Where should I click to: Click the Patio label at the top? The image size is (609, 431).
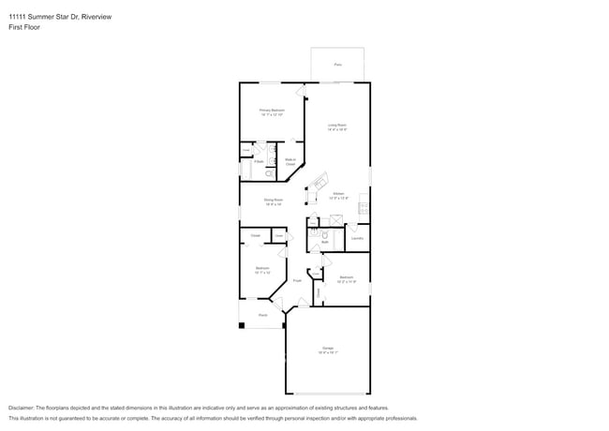pos(337,65)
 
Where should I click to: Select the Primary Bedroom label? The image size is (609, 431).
pos(272,111)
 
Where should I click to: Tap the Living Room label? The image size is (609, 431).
pos(337,126)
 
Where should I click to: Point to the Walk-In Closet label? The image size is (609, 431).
pos(290,161)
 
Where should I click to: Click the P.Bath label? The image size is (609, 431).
pos(259,161)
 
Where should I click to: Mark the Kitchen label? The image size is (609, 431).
pos(338,196)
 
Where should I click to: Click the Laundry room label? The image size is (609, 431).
pos(357,238)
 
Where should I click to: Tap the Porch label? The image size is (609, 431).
pos(263,315)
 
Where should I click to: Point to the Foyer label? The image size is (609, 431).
pos(297,280)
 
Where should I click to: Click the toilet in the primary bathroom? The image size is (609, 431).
pos(269,173)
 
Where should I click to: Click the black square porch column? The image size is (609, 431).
pos(243,325)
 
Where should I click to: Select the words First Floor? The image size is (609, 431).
pos(25,27)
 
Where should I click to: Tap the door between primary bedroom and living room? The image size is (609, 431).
pos(302,91)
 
